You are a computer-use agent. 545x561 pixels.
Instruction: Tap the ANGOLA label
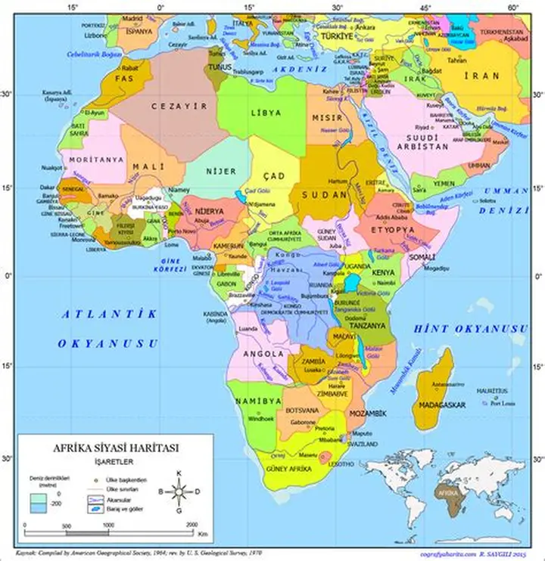[x=263, y=353]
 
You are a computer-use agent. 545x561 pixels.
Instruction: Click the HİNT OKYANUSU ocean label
[x=469, y=330]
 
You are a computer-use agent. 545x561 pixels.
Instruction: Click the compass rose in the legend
[x=179, y=492]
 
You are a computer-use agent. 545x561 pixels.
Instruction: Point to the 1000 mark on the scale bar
[x=110, y=525]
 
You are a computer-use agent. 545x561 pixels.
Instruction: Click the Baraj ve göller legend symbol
[x=95, y=509]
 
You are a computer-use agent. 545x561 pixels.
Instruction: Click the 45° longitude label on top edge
[x=427, y=8]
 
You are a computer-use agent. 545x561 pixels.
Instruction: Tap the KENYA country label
[x=384, y=272]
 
